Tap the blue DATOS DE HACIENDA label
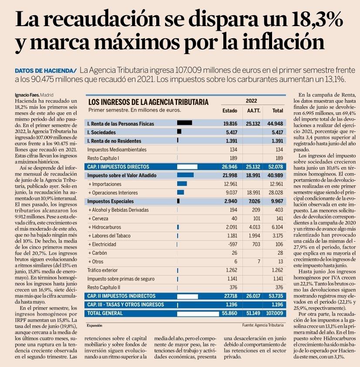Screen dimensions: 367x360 45,70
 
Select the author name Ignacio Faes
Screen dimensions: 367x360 26,94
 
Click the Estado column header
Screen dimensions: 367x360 230,111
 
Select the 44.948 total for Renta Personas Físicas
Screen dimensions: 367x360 275,124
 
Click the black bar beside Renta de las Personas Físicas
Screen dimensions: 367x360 185,123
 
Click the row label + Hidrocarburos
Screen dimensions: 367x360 107,227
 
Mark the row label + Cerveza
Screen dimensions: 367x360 101,219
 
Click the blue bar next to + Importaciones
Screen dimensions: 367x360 182,184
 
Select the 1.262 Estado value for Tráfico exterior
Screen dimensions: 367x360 230,270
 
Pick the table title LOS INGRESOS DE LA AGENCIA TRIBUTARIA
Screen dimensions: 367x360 148,102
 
